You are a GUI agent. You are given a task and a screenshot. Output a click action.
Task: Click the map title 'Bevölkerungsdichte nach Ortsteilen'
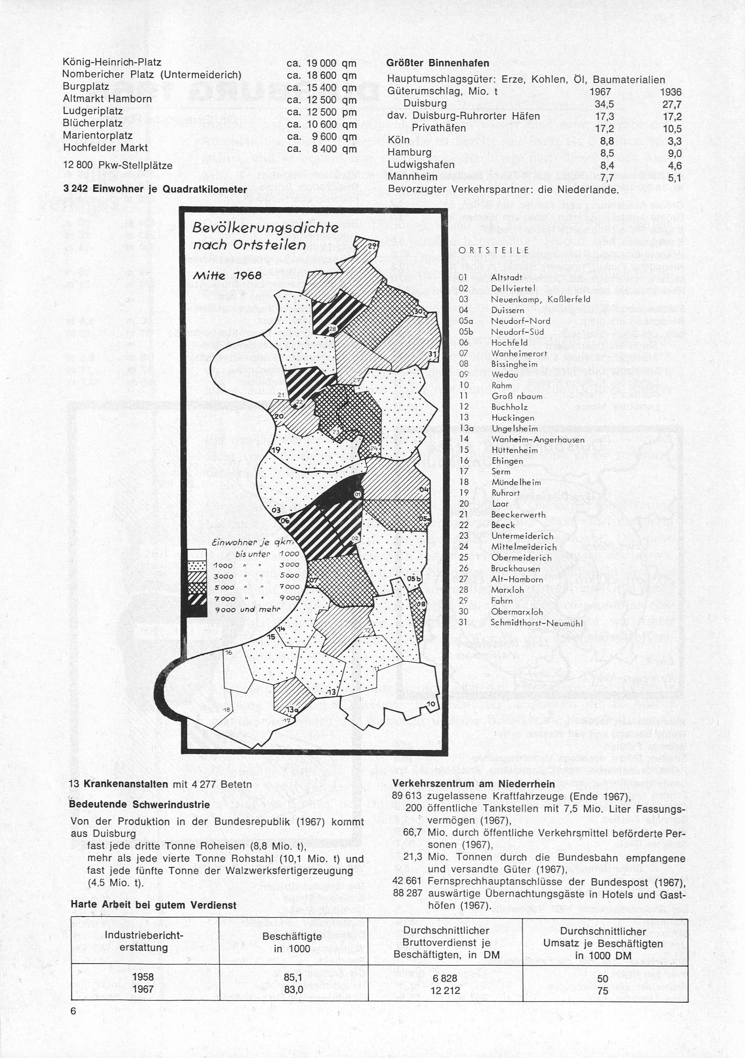[x=265, y=236]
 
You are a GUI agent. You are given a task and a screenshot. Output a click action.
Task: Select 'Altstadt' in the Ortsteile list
[x=506, y=278]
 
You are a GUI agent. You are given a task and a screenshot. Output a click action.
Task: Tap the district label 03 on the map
[x=277, y=510]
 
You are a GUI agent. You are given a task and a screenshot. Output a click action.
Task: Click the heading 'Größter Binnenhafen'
[x=438, y=63]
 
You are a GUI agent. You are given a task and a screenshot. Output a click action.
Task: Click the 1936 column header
[x=672, y=92]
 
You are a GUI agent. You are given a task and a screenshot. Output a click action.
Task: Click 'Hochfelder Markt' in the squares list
[x=105, y=148]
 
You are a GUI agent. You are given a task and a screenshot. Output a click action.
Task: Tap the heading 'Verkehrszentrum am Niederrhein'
[x=474, y=784]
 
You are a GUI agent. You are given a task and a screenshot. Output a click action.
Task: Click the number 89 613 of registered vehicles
[x=407, y=796]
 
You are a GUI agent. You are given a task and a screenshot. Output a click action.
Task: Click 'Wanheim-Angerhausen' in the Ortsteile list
[x=537, y=440]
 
